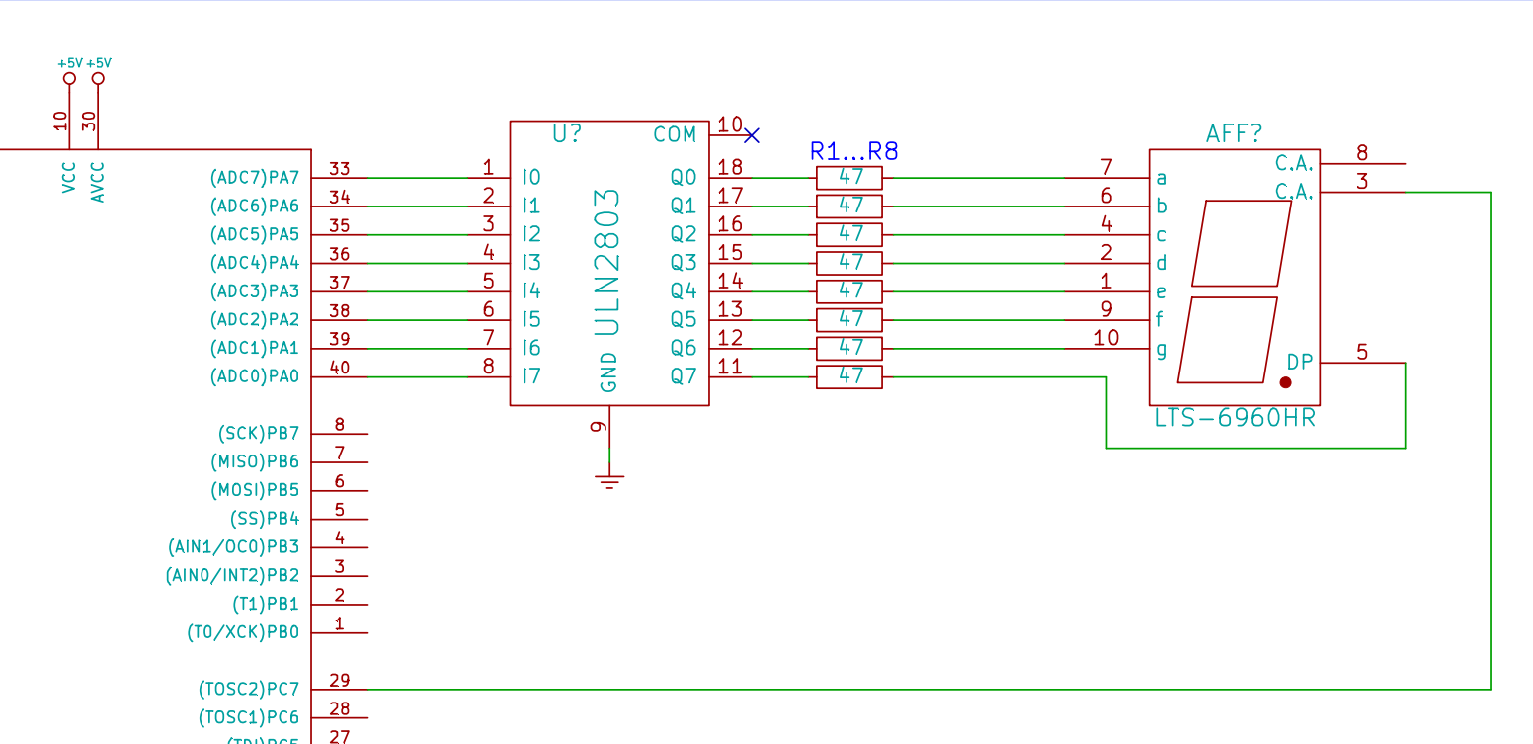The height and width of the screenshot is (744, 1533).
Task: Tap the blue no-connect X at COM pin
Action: click(752, 134)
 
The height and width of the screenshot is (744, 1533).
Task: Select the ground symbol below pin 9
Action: click(609, 481)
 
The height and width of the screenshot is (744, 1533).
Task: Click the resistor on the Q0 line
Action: click(848, 178)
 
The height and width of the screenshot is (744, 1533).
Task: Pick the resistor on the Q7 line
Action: click(848, 376)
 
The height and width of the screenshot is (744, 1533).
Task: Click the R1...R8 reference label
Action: click(853, 151)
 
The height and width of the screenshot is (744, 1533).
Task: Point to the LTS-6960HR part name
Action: click(1235, 418)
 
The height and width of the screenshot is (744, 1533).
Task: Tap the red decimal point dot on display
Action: click(1285, 382)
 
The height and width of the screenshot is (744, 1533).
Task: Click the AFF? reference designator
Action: click(1234, 134)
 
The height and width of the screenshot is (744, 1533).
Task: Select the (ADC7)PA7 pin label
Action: click(254, 178)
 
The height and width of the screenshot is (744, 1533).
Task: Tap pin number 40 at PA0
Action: click(340, 367)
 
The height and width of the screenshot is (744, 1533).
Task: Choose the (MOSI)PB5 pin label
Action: click(254, 490)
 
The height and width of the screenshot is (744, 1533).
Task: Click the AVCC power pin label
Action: click(98, 183)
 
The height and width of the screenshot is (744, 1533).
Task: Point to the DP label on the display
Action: click(1300, 363)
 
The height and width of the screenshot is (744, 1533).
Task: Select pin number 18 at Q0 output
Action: click(731, 167)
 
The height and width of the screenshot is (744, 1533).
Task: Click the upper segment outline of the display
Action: click(1242, 243)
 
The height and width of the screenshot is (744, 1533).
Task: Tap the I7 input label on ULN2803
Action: click(531, 376)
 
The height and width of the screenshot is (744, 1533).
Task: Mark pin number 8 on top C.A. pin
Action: click(1362, 153)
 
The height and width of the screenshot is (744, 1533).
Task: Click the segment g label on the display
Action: click(1161, 349)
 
